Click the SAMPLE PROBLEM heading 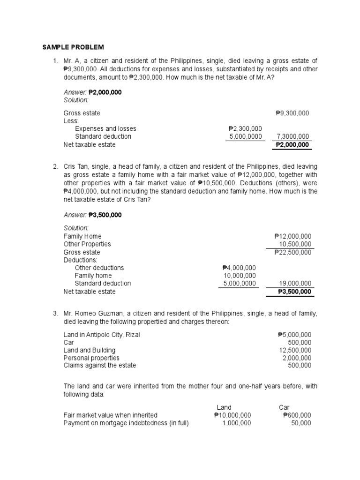pos(73,47)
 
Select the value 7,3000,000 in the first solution pos(292,136)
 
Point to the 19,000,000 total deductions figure pos(295,283)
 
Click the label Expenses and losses pos(105,128)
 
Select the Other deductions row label pos(99,268)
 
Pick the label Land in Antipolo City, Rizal pos(102,335)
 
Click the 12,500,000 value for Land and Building pos(295,350)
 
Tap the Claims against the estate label pos(100,365)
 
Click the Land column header pos(224,407)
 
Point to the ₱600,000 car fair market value pos(297,415)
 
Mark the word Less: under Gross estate pos(71,121)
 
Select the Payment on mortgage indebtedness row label pos(126,423)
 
